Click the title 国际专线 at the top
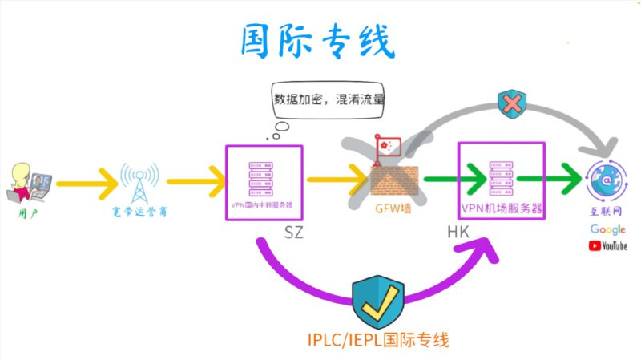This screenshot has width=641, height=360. (318, 40)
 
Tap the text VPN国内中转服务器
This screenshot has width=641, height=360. (264, 206)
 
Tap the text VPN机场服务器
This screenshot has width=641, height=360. (502, 208)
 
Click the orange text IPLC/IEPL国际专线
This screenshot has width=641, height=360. (377, 340)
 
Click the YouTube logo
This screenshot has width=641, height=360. (608, 245)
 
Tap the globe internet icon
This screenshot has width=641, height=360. (607, 182)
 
